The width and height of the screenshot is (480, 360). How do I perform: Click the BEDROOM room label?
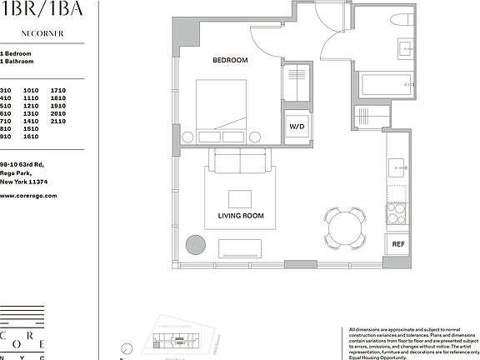click(230, 61)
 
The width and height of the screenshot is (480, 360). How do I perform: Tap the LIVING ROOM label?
click(240, 216)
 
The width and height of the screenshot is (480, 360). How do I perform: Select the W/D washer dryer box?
click(297, 127)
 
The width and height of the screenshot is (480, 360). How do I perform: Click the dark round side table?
click(195, 245)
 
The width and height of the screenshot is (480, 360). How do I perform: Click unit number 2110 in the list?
click(57, 121)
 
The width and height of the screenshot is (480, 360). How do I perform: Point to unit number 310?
click(6, 89)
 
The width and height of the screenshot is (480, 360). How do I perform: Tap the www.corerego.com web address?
click(27, 195)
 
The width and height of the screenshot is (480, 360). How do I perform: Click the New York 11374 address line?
click(25, 181)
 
